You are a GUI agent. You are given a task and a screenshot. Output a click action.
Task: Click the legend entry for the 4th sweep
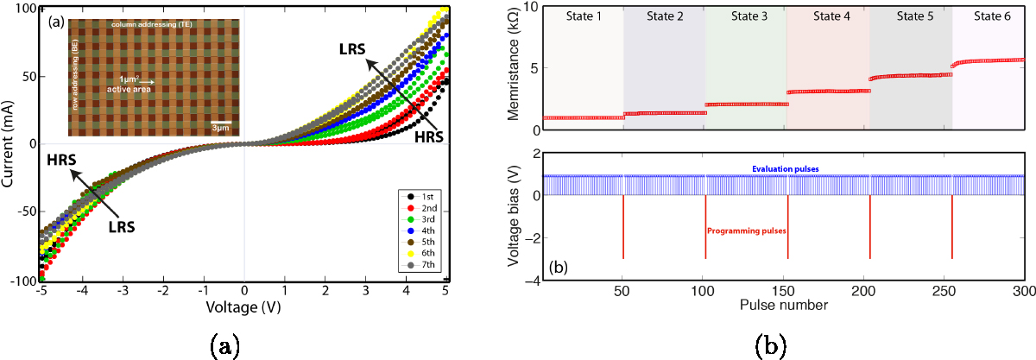tap(422, 231)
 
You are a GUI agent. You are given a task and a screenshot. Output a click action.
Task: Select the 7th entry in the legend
tap(422, 266)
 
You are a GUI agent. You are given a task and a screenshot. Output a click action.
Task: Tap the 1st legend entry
tap(422, 196)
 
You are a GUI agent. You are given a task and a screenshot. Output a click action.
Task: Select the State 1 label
tap(583, 16)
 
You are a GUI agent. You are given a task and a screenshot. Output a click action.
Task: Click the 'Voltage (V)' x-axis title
tap(244, 306)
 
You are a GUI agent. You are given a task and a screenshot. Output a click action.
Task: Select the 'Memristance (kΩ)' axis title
tap(515, 69)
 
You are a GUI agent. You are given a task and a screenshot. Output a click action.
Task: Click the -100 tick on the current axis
tap(26, 281)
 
